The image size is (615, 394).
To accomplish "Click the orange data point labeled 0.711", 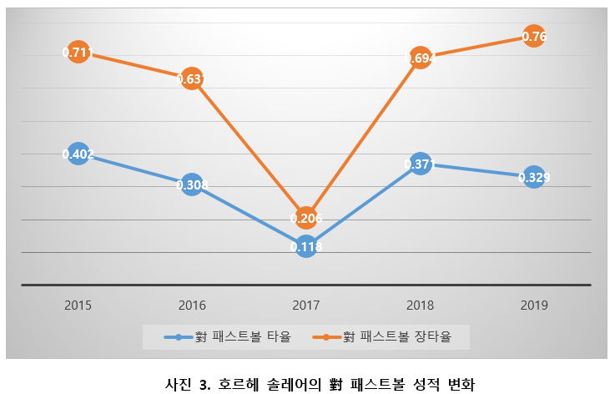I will point(78,53).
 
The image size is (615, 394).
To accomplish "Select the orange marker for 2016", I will point(192,79).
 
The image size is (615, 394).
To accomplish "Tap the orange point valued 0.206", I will point(306,218).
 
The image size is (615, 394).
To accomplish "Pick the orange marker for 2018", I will point(421,58).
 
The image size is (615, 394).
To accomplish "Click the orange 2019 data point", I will point(534,37).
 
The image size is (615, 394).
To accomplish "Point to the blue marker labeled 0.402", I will point(78,154).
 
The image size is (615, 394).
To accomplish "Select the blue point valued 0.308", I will point(192,184).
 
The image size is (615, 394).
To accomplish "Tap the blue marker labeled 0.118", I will point(306,246).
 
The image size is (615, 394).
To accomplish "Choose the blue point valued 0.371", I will point(421,164).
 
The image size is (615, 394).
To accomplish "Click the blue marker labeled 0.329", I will point(534,177).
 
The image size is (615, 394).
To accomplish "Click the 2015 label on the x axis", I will point(78,306).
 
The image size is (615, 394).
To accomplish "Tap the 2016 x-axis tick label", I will point(192,306).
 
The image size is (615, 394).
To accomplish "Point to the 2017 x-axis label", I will point(306,306).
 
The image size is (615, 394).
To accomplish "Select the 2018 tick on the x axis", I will point(421,306).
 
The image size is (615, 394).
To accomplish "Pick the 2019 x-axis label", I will point(534,306).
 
